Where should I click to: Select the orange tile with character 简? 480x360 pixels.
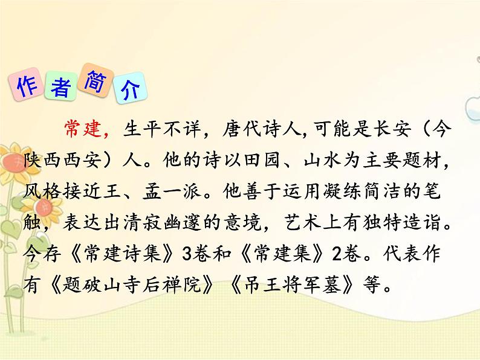tap(96, 77)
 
